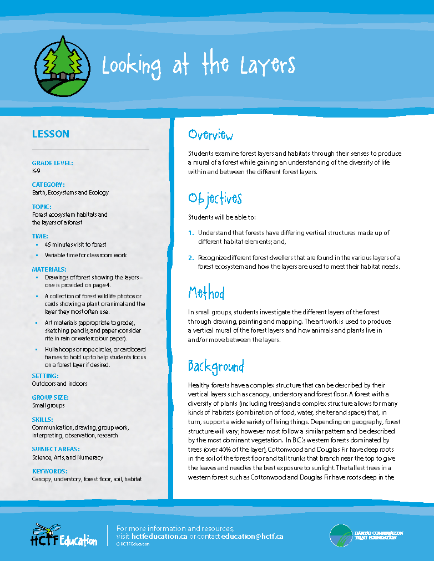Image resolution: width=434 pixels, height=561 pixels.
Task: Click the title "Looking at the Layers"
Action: (x=199, y=65)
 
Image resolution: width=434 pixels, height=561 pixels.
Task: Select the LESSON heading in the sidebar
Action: (x=51, y=134)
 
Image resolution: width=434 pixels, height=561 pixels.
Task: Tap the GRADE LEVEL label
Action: (x=53, y=163)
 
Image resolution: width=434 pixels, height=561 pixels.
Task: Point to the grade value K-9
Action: (x=36, y=171)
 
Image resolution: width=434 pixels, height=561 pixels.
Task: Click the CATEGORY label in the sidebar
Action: (x=48, y=185)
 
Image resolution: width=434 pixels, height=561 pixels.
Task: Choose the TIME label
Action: (x=40, y=236)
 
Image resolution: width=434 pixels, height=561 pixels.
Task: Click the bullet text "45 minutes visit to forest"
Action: (x=75, y=244)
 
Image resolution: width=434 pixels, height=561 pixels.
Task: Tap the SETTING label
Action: (x=46, y=375)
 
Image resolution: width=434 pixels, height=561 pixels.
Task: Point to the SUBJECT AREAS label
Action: (x=55, y=449)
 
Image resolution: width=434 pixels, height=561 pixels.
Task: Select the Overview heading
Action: (x=210, y=135)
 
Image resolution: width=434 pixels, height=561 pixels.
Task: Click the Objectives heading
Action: (x=215, y=198)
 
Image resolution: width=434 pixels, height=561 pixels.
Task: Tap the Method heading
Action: (x=206, y=293)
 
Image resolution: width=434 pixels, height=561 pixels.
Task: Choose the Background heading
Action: (x=216, y=366)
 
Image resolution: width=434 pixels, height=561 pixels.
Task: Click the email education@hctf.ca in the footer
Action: (x=252, y=537)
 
